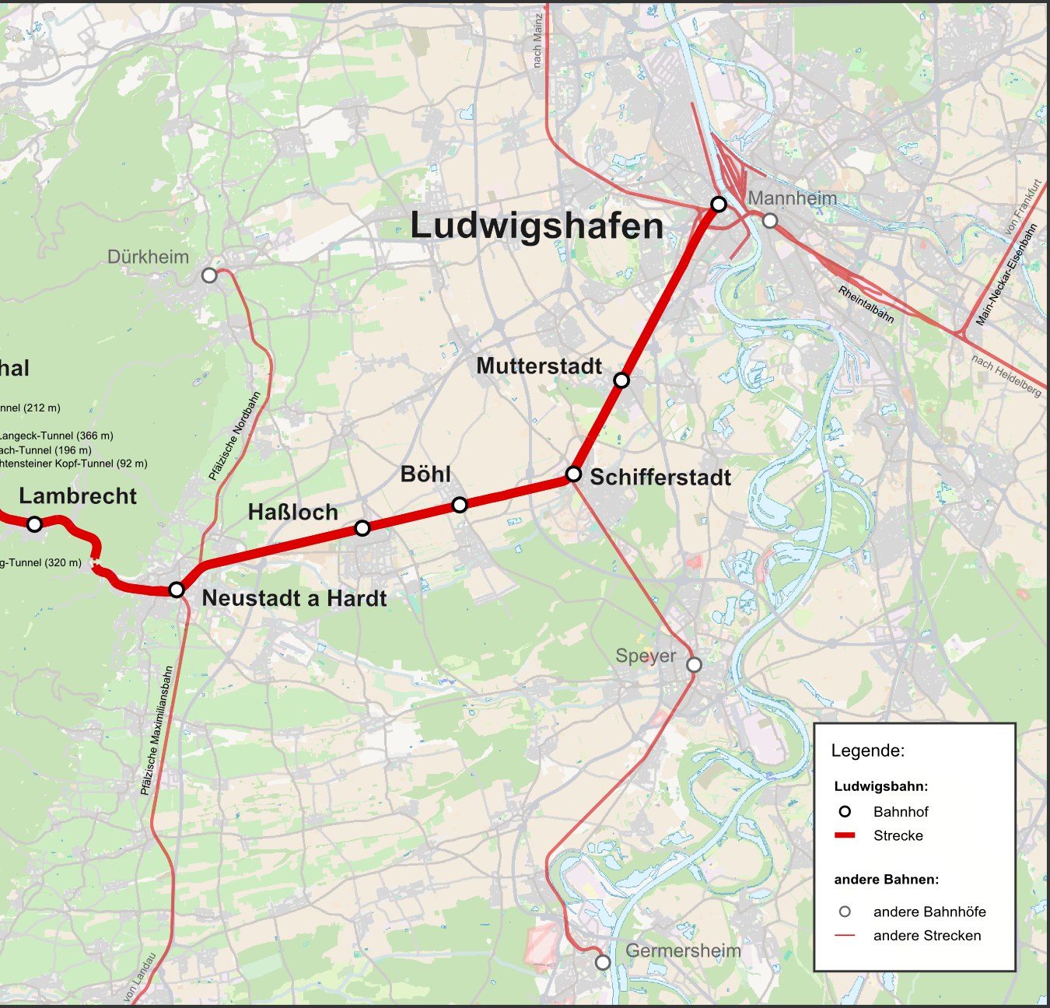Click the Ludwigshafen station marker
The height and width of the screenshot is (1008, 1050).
[x=719, y=205]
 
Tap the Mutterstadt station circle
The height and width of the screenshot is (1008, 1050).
[x=621, y=380]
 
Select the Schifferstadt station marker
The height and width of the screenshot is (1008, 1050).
[x=573, y=474]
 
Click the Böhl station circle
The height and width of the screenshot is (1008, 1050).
[x=460, y=505]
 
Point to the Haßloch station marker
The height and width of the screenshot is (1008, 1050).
[x=362, y=528]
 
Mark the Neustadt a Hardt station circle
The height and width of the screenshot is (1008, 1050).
[x=177, y=590]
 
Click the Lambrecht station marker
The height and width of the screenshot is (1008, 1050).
[x=34, y=524]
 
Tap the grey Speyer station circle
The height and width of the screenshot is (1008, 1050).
[x=694, y=664]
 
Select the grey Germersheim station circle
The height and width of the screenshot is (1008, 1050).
[x=603, y=962]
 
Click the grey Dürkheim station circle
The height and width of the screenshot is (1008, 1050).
[x=208, y=275]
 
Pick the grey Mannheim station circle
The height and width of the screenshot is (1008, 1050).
[x=770, y=221]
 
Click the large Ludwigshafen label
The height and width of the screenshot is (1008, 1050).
[x=537, y=226]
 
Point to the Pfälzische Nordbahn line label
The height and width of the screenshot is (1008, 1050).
[x=234, y=436]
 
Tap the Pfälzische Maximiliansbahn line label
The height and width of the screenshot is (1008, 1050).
[x=156, y=730]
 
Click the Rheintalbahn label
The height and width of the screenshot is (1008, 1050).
[x=866, y=304]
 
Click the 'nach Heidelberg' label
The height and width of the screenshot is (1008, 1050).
[x=1006, y=376]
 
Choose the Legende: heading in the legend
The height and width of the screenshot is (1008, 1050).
[x=867, y=751]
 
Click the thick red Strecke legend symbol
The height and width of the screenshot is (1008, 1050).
[x=845, y=835]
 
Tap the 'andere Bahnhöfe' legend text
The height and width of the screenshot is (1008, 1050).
[x=929, y=912]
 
